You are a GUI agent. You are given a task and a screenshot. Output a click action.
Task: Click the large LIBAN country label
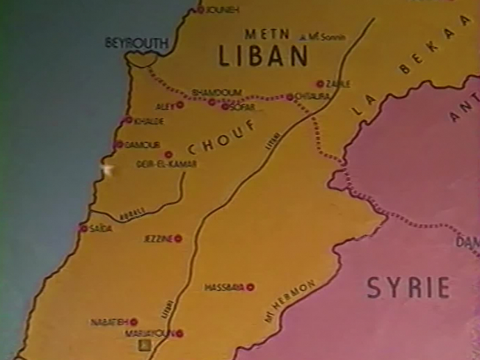tap(263, 56)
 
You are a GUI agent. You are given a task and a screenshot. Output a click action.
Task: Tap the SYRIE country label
tap(408, 287)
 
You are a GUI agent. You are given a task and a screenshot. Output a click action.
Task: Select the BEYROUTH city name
tap(137, 43)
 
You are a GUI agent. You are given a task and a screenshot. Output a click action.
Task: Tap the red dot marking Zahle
tap(320, 84)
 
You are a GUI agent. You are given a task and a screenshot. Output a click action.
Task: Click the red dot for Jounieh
tap(201, 10)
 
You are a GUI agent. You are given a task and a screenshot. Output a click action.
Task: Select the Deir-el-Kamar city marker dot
tap(168, 155)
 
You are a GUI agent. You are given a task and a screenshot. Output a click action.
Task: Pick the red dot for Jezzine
tap(178, 238)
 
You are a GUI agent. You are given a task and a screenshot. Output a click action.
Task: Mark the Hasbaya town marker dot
tap(250, 287)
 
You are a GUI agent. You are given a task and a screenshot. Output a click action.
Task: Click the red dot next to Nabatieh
tap(134, 322)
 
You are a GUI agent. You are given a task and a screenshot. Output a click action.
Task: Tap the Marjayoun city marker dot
tap(179, 334)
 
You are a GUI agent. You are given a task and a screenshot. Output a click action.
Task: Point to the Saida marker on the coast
tap(84, 228)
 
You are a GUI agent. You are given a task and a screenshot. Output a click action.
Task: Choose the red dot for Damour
tap(119, 144)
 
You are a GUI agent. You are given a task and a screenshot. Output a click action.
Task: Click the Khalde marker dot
tap(129, 120)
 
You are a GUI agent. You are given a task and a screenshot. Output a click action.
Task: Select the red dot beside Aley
tap(179, 105)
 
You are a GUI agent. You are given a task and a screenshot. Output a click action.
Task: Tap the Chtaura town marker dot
tap(290, 97)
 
